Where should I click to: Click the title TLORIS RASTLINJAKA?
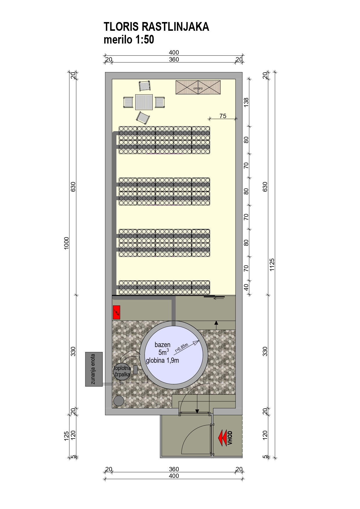[156, 27]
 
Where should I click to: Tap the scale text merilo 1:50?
[129, 39]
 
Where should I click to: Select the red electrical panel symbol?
[116, 313]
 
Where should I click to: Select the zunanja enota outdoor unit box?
[94, 369]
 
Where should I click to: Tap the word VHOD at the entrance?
[230, 438]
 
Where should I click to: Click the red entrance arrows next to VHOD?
[222, 438]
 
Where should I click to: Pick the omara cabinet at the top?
[198, 87]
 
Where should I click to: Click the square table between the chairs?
[144, 102]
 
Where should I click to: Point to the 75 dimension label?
[223, 116]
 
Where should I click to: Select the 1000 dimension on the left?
[66, 243]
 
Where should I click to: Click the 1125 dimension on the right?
[272, 265]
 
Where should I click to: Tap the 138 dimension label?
[246, 102]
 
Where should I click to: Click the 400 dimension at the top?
[174, 53]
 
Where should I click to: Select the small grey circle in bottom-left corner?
[118, 401]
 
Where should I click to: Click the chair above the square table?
[145, 86]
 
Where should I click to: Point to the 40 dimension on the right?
[246, 287]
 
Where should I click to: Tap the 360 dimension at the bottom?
[174, 469]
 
